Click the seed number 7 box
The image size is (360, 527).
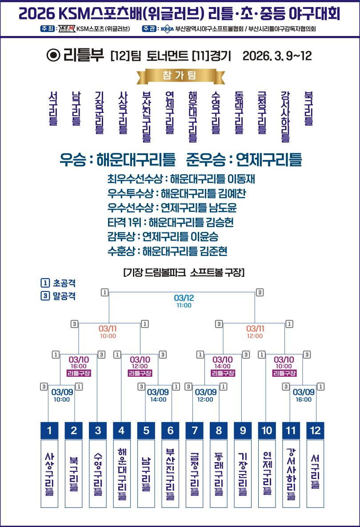pos(194,430)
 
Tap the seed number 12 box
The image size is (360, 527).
pos(315,430)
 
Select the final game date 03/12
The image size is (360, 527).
pos(184,297)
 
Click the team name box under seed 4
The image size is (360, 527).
pos(122,473)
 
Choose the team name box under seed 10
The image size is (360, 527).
pos(267,473)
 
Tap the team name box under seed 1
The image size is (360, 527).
pos(49,473)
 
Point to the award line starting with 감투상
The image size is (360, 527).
pos(163,236)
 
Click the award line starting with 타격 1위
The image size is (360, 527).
pos(170,222)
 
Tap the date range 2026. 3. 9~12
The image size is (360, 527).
pos(277,56)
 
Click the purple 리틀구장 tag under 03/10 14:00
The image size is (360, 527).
pos(223,373)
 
